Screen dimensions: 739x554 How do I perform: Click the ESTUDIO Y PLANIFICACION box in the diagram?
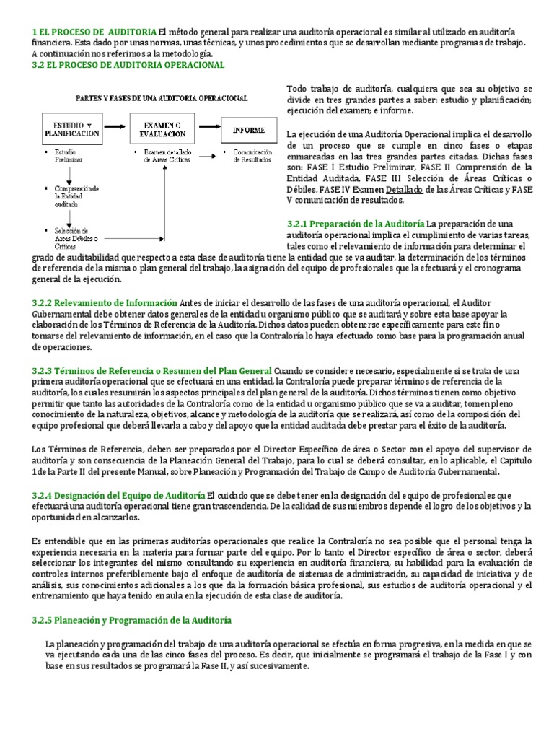(71, 128)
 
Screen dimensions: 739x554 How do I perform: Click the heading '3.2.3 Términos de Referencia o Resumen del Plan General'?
(151, 369)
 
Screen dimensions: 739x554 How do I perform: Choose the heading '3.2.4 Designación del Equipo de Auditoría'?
(118, 495)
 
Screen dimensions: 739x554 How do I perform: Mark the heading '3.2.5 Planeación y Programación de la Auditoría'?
(131, 620)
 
